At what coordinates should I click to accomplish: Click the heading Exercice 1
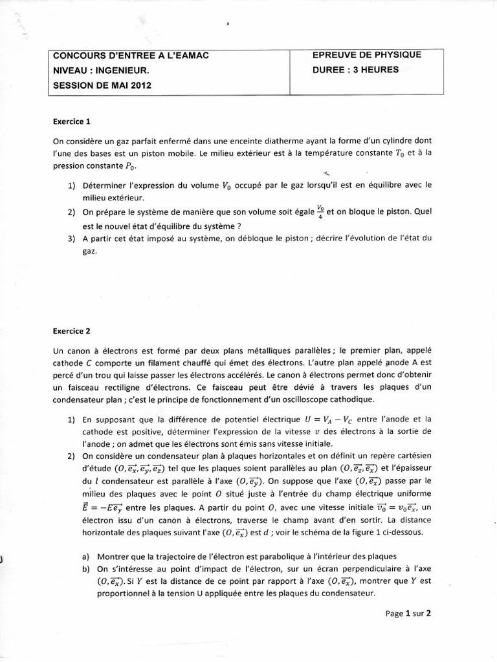click(72, 121)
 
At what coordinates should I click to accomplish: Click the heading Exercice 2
click(72, 332)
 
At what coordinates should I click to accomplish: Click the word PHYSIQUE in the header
click(395, 55)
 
